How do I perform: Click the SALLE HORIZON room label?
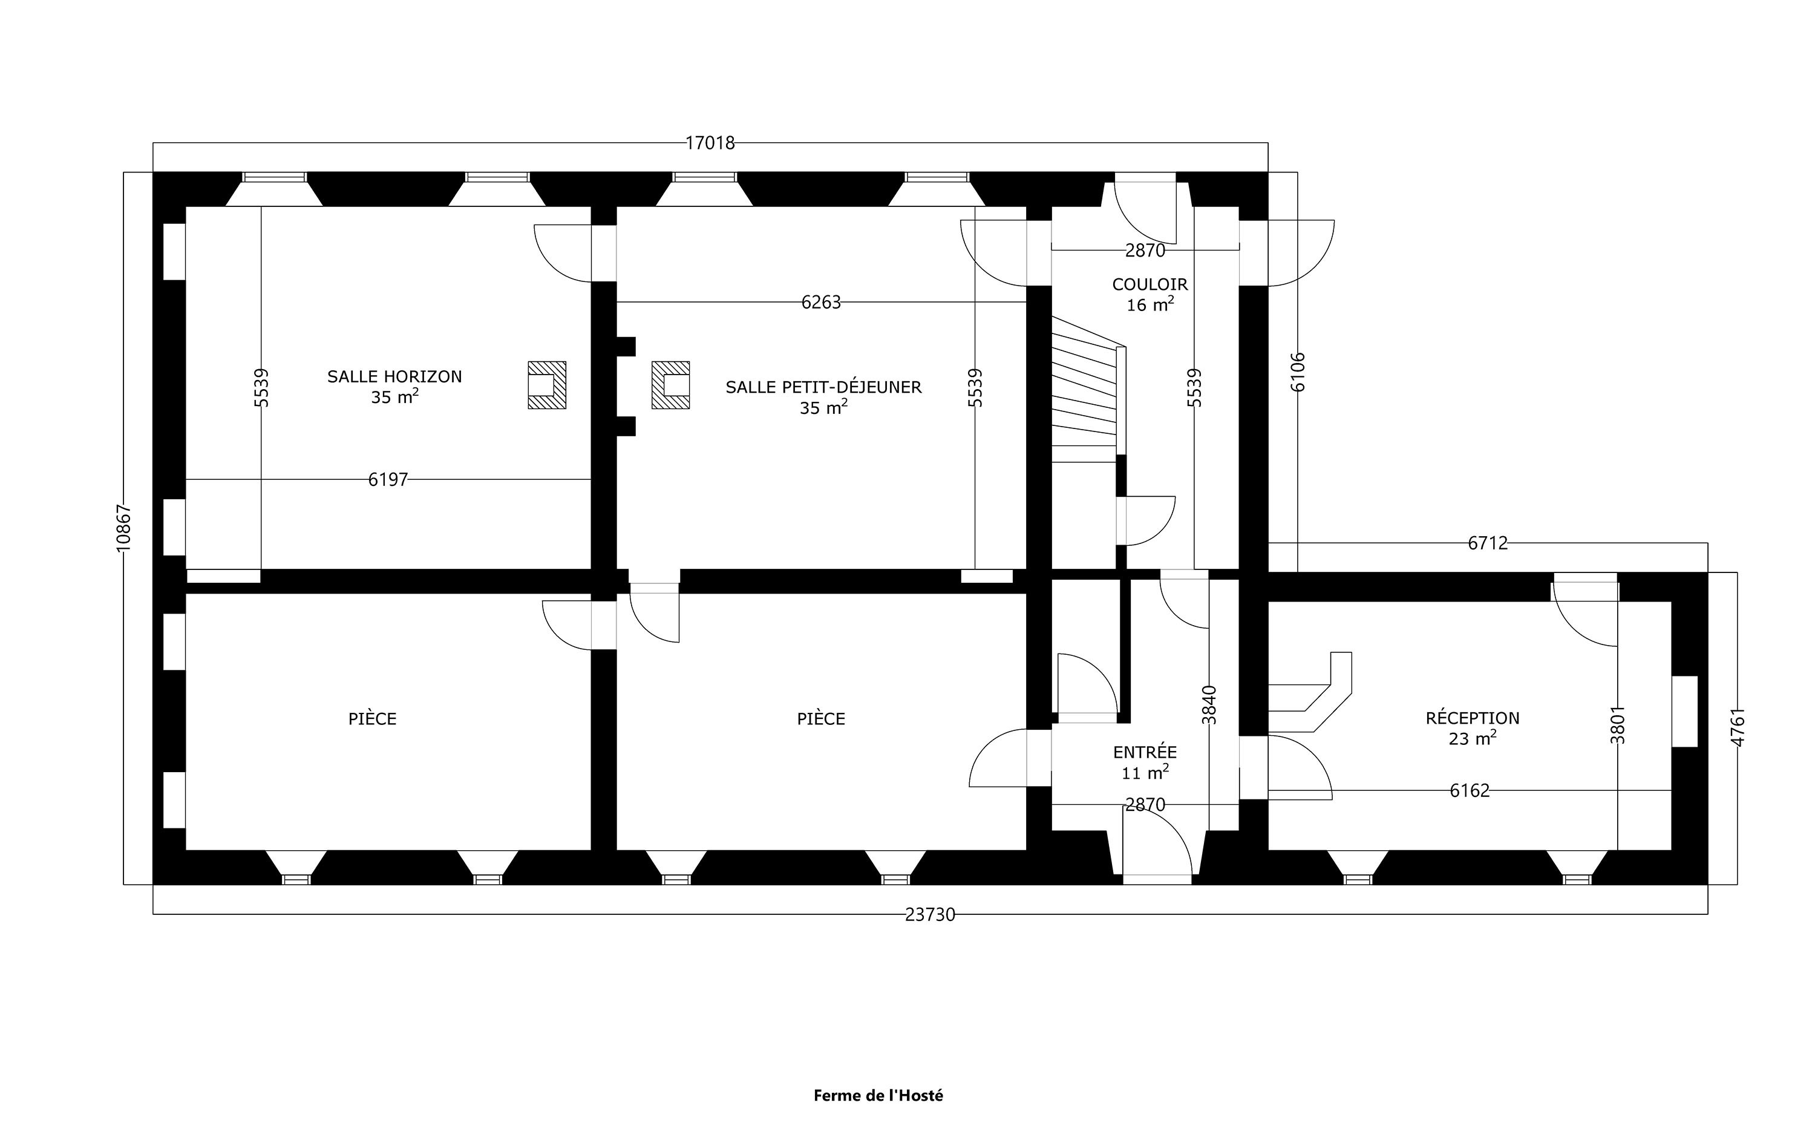point(394,376)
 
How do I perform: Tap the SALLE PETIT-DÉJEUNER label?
point(823,388)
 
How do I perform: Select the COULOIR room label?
point(1149,285)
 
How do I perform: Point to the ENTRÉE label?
point(1145,752)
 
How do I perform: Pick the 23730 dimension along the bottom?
point(930,915)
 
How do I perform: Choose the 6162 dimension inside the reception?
point(1470,790)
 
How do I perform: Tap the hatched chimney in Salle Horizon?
point(546,385)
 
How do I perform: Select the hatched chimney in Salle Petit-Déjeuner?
point(670,385)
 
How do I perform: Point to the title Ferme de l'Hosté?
point(878,1096)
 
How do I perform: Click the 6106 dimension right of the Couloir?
point(1298,372)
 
